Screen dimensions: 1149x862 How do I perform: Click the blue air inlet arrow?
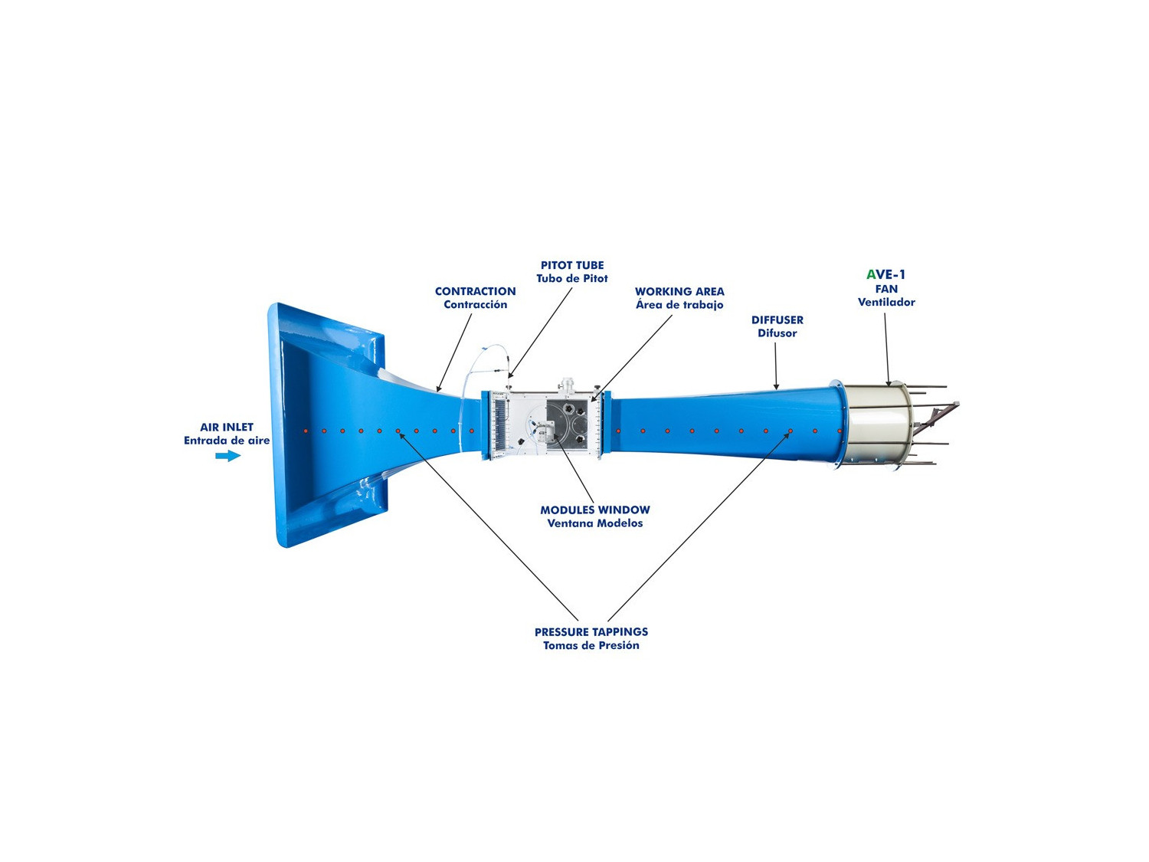[x=228, y=456]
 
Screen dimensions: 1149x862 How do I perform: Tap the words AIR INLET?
[x=227, y=427]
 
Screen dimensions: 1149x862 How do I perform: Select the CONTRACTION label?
[x=476, y=291]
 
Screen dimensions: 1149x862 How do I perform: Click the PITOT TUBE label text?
[x=572, y=265]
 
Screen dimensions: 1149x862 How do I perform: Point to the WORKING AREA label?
[x=679, y=291]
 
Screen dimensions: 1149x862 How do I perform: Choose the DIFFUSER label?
[x=777, y=320]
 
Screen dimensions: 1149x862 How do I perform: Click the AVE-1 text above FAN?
[x=885, y=274]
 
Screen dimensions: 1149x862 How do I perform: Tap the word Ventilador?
[x=886, y=302]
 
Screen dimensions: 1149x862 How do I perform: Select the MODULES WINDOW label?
[x=595, y=510]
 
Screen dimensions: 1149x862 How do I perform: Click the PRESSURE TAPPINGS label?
[x=591, y=631]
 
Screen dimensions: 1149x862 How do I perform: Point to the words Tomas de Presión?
[x=591, y=645]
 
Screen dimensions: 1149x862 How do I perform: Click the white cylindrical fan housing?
[x=878, y=424]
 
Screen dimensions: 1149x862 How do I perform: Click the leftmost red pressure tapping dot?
[x=306, y=431]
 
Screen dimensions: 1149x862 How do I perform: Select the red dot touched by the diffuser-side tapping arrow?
[x=791, y=431]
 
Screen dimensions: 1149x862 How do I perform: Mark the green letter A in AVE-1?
[x=871, y=274]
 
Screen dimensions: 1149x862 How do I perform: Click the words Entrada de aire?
[x=227, y=441]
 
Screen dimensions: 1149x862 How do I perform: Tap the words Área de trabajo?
[x=679, y=304]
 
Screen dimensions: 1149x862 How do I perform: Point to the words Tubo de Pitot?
[x=572, y=278]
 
